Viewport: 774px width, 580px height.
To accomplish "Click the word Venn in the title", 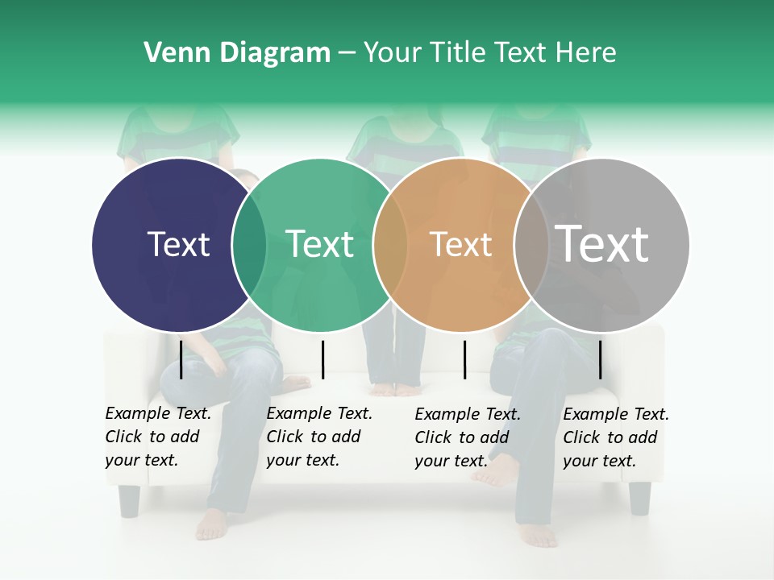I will [x=171, y=53].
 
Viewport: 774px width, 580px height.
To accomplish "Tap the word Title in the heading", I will [x=457, y=53].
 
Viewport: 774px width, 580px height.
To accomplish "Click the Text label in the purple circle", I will [x=178, y=244].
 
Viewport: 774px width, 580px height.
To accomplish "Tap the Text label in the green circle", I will [x=319, y=244].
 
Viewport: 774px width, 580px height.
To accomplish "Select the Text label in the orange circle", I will [x=460, y=244].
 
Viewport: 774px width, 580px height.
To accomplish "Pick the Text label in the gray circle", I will [x=601, y=244].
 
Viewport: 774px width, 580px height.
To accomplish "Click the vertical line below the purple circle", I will [x=181, y=358].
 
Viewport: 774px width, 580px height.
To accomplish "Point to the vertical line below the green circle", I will [x=322, y=358].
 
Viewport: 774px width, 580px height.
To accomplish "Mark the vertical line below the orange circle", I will [x=464, y=358].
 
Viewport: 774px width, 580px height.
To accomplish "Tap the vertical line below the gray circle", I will [x=600, y=358].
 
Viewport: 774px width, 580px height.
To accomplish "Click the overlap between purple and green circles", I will [x=249, y=244].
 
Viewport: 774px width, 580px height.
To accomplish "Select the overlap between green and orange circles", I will [x=390, y=244].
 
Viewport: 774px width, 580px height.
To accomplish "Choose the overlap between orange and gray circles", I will [x=531, y=244].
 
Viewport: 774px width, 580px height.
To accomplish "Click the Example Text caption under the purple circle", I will [x=157, y=437].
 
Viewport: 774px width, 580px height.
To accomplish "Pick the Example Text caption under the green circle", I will [x=318, y=437].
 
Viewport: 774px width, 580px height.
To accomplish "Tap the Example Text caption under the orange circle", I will [x=467, y=437].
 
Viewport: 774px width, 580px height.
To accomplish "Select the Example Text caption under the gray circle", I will [x=615, y=437].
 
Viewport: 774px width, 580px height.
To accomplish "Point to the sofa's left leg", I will [x=129, y=499].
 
